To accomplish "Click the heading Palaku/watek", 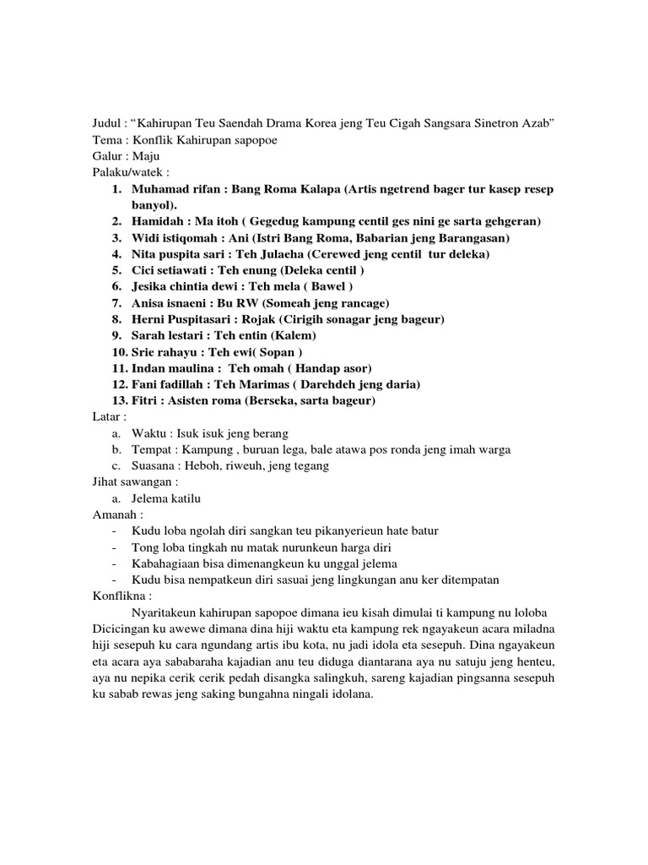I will [x=126, y=172].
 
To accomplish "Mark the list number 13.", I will [x=119, y=400].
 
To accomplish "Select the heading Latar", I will [x=110, y=416].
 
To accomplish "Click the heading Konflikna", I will [x=121, y=596].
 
